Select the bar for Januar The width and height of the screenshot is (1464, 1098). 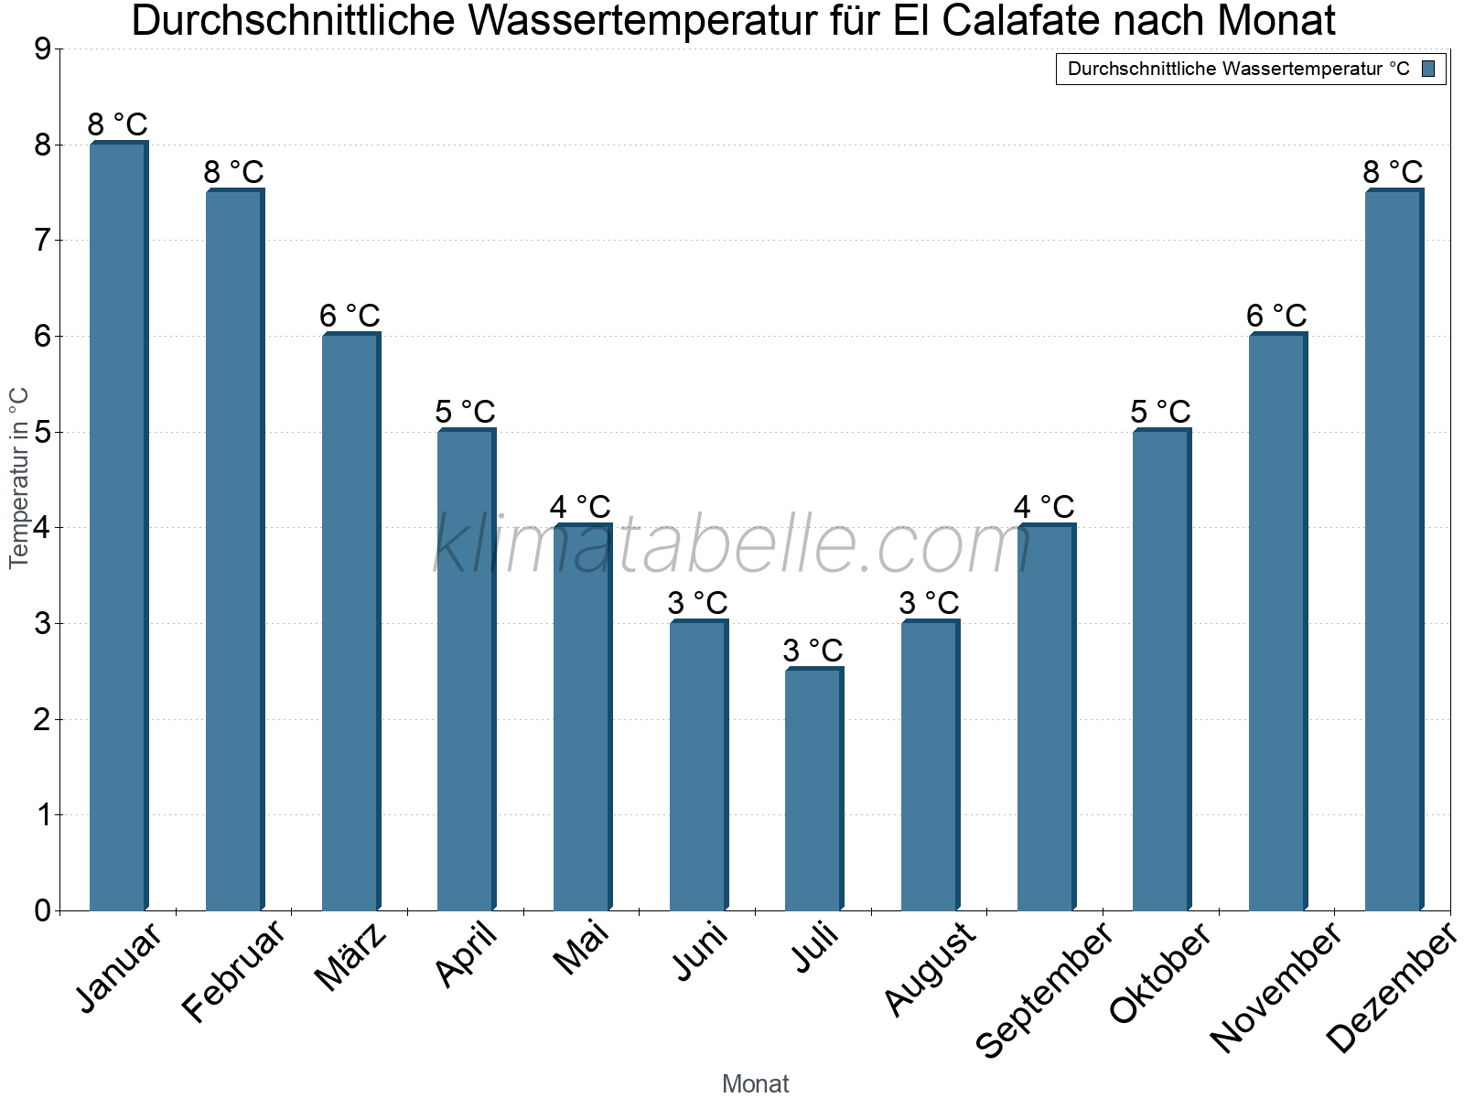pyautogui.click(x=118, y=526)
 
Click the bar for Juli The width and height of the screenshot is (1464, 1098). pyautogui.click(x=813, y=790)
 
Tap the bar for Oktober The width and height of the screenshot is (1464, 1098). pyautogui.click(x=1161, y=670)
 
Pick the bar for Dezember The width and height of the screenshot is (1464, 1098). pyautogui.click(x=1393, y=550)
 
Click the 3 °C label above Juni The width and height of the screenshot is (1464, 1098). pyautogui.click(x=697, y=603)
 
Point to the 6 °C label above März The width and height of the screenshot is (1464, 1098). pyautogui.click(x=350, y=316)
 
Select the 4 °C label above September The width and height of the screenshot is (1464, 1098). pyautogui.click(x=1044, y=507)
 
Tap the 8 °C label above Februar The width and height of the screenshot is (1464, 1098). pyautogui.click(x=233, y=172)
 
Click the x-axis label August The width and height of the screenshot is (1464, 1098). pyautogui.click(x=930, y=969)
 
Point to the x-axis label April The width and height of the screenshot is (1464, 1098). pyautogui.click(x=466, y=955)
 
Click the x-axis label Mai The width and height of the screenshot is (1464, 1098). pyautogui.click(x=581, y=949)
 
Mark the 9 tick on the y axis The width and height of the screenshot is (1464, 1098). pyautogui.click(x=42, y=49)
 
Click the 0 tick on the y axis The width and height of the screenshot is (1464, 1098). pyautogui.click(x=42, y=910)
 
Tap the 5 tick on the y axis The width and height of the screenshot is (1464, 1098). pyautogui.click(x=42, y=432)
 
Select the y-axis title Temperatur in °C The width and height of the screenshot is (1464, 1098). pyautogui.click(x=19, y=478)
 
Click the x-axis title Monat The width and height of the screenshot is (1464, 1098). pyautogui.click(x=755, y=1083)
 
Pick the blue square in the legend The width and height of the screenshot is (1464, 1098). pyautogui.click(x=1428, y=69)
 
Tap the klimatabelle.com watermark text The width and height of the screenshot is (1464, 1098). pyautogui.click(x=732, y=545)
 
